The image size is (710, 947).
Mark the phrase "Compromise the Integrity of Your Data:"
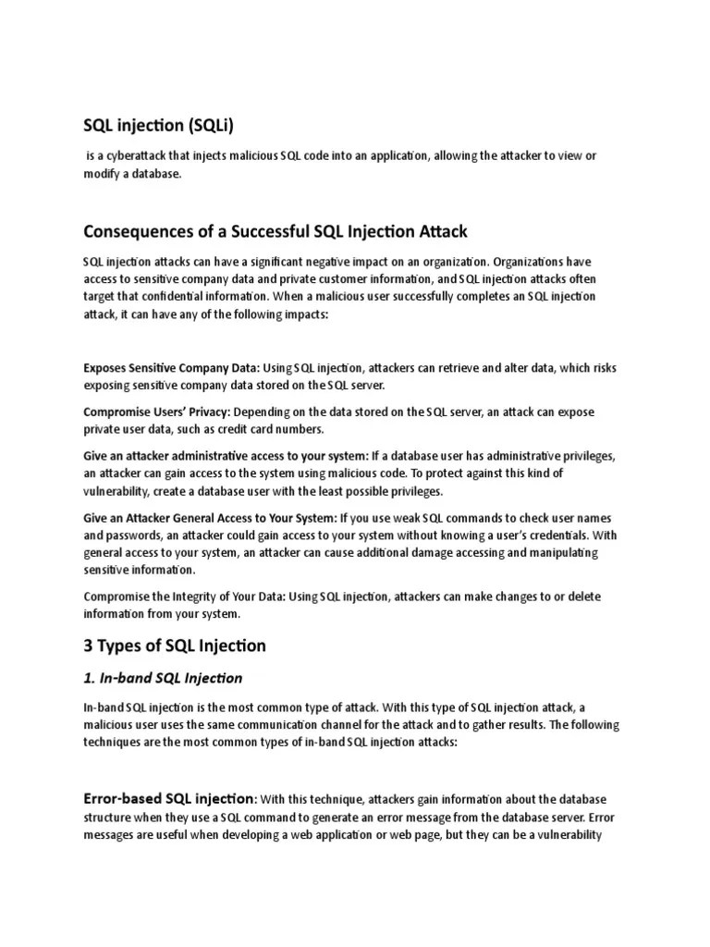point(185,596)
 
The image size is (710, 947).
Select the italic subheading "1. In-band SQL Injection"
point(163,678)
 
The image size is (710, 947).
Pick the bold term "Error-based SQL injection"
point(169,798)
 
